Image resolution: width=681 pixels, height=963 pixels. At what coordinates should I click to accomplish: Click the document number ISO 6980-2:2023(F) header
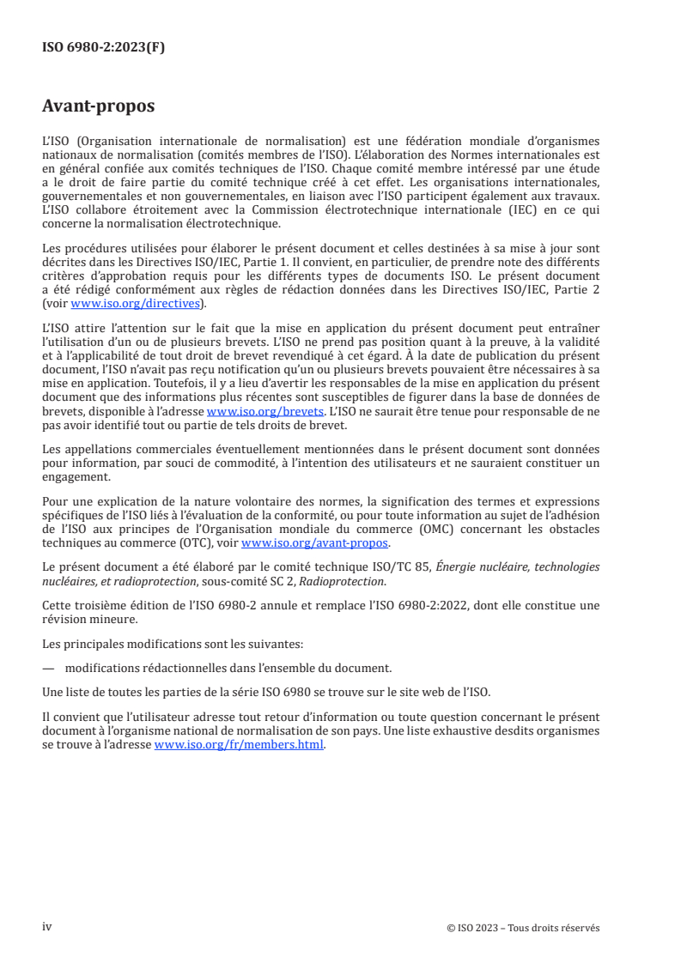pos(104,48)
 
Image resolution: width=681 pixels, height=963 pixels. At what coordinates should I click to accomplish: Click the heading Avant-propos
pos(99,106)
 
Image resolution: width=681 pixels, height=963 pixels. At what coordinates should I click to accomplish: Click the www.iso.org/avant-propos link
pos(315,543)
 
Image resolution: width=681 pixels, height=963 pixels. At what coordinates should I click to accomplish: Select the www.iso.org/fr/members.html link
pos(239,745)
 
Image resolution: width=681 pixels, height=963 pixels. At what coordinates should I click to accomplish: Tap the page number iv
pos(47,927)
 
